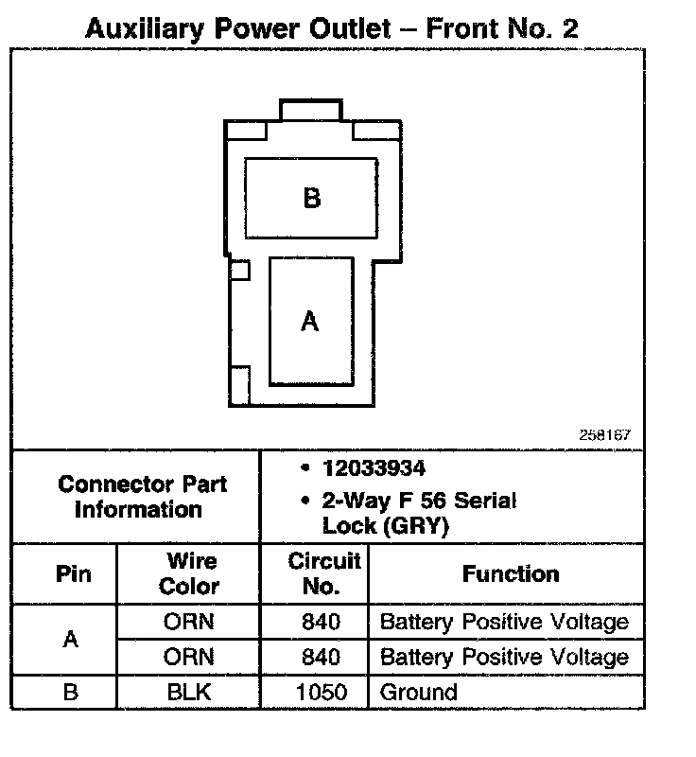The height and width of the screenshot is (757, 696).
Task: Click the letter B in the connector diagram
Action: [312, 199]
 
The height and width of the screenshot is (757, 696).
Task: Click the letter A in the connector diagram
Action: [309, 322]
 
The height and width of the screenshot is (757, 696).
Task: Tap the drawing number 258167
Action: [604, 436]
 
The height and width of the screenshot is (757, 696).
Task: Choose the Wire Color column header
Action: [189, 573]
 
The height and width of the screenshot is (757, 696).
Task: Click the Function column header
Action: [511, 573]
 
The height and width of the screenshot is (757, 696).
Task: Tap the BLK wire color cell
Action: [189, 692]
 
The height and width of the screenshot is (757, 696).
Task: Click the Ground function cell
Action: [418, 692]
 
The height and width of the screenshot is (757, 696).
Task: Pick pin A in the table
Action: [69, 640]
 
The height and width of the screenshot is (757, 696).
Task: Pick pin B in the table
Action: [69, 692]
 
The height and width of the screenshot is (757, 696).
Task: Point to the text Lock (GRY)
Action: [385, 526]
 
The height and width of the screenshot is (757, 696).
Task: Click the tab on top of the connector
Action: [315, 110]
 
